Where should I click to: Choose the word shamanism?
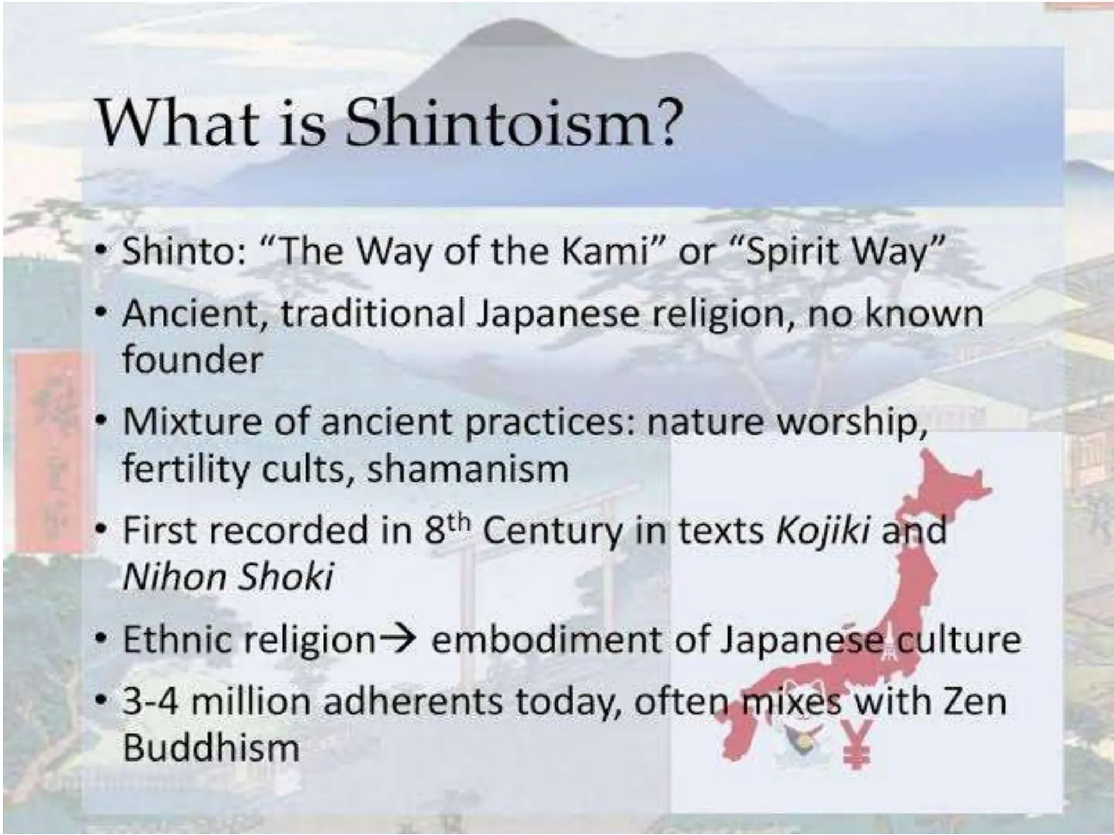pyautogui.click(x=468, y=469)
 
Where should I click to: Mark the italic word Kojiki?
pyautogui.click(x=822, y=531)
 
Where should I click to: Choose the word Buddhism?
pyautogui.click(x=211, y=747)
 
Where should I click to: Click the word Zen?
pyautogui.click(x=974, y=701)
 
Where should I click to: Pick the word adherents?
pyautogui.click(x=413, y=701)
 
